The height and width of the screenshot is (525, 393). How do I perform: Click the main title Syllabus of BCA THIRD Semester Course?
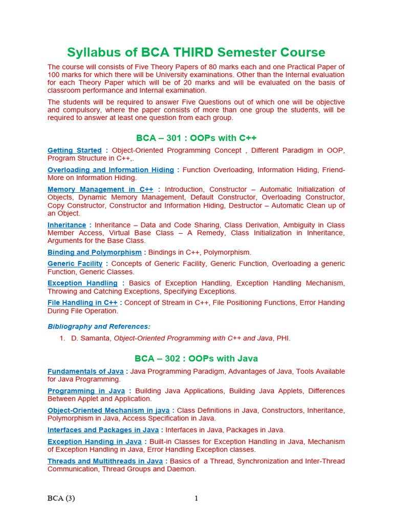[196, 52]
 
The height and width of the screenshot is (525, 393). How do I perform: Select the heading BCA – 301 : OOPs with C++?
[196, 138]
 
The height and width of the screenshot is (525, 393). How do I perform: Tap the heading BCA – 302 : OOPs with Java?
[196, 358]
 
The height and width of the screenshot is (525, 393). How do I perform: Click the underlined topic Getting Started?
[75, 150]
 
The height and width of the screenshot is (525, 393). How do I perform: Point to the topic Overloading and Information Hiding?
[111, 170]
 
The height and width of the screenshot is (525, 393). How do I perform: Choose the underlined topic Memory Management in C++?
[100, 189]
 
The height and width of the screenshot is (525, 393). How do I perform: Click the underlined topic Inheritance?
[67, 225]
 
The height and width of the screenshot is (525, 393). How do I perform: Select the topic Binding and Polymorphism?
[95, 252]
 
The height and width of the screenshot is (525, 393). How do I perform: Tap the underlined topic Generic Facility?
[75, 264]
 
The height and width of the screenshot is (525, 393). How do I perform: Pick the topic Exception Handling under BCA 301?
[82, 283]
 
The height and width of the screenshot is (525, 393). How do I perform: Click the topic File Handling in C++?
[82, 302]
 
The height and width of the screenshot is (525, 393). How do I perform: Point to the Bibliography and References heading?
[99, 327]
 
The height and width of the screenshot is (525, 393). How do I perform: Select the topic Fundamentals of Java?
[85, 371]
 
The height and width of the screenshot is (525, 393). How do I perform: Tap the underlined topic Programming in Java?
[86, 391]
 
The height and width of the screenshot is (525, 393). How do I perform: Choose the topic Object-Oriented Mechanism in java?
[108, 410]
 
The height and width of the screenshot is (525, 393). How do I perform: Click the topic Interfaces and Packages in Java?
[103, 430]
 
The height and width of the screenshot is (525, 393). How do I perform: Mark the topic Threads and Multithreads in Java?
[105, 461]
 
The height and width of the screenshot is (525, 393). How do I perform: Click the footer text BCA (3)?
[61, 498]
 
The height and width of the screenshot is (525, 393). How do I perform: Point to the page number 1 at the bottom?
[196, 498]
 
